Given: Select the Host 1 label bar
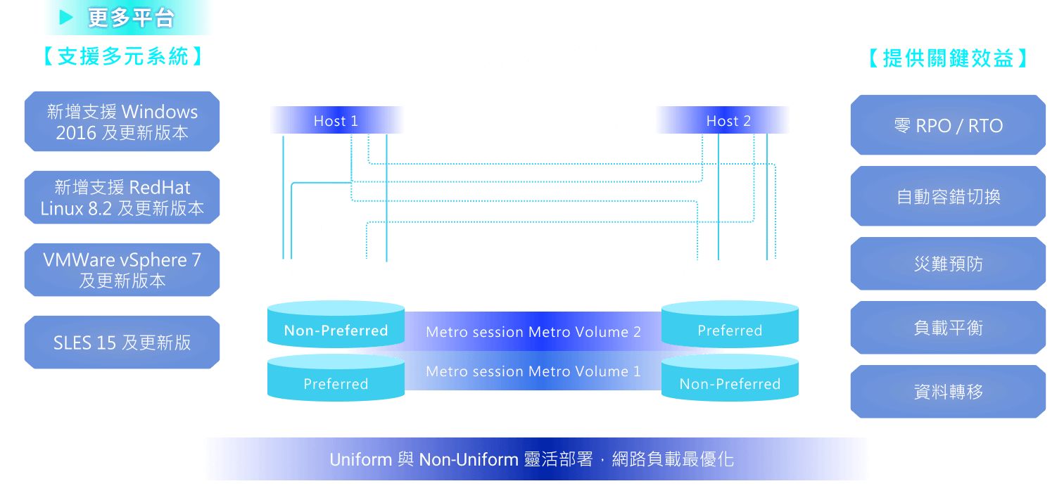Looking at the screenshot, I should coord(336,120).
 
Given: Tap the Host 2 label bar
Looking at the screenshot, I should coord(723,120).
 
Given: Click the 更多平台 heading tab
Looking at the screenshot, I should coord(129,17).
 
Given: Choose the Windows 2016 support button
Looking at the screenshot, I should coord(122,122).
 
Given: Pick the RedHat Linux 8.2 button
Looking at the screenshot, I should coord(122,198).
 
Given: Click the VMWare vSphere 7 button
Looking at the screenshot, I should coord(122,270).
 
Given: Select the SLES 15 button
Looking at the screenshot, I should coord(122,343).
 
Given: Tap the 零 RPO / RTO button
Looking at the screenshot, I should coord(948,125).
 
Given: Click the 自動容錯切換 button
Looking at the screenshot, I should coord(948,196).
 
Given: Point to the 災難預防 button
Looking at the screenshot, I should coord(948,264).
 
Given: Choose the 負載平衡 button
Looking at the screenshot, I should coord(948,328).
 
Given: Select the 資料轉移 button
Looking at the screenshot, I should coord(948,392).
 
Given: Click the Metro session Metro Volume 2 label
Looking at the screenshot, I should coord(533,332).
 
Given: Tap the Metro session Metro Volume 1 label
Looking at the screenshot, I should coord(533,371).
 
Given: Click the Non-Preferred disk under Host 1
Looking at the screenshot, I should coord(336,329).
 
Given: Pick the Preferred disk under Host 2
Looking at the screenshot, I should coord(730,329).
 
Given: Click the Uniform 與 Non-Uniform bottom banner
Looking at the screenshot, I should coord(532,459).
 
